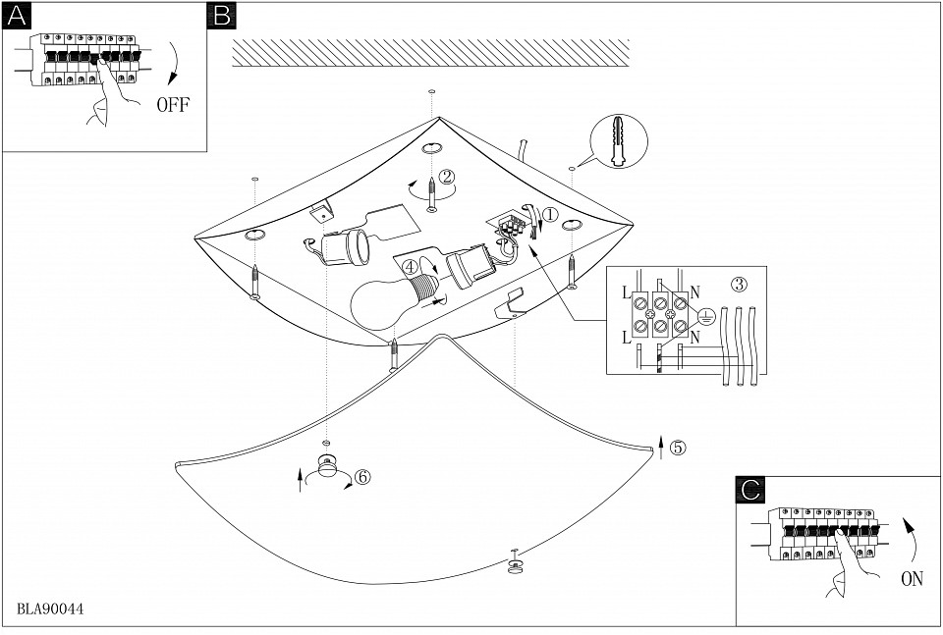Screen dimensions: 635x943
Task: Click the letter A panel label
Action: click(x=17, y=16)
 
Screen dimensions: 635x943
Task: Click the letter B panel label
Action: click(x=221, y=16)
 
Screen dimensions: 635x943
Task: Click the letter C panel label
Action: click(x=749, y=489)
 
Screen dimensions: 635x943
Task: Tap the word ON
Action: click(x=912, y=579)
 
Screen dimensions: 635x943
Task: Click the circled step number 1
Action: click(x=550, y=213)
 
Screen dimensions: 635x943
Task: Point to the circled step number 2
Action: click(x=447, y=178)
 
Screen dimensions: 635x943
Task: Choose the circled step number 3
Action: click(x=739, y=285)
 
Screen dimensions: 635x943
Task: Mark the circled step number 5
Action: click(x=678, y=447)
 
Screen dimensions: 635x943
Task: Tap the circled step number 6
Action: click(x=361, y=477)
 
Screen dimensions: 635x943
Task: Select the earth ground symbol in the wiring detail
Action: click(x=703, y=315)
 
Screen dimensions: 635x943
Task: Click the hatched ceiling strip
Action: click(x=430, y=53)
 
